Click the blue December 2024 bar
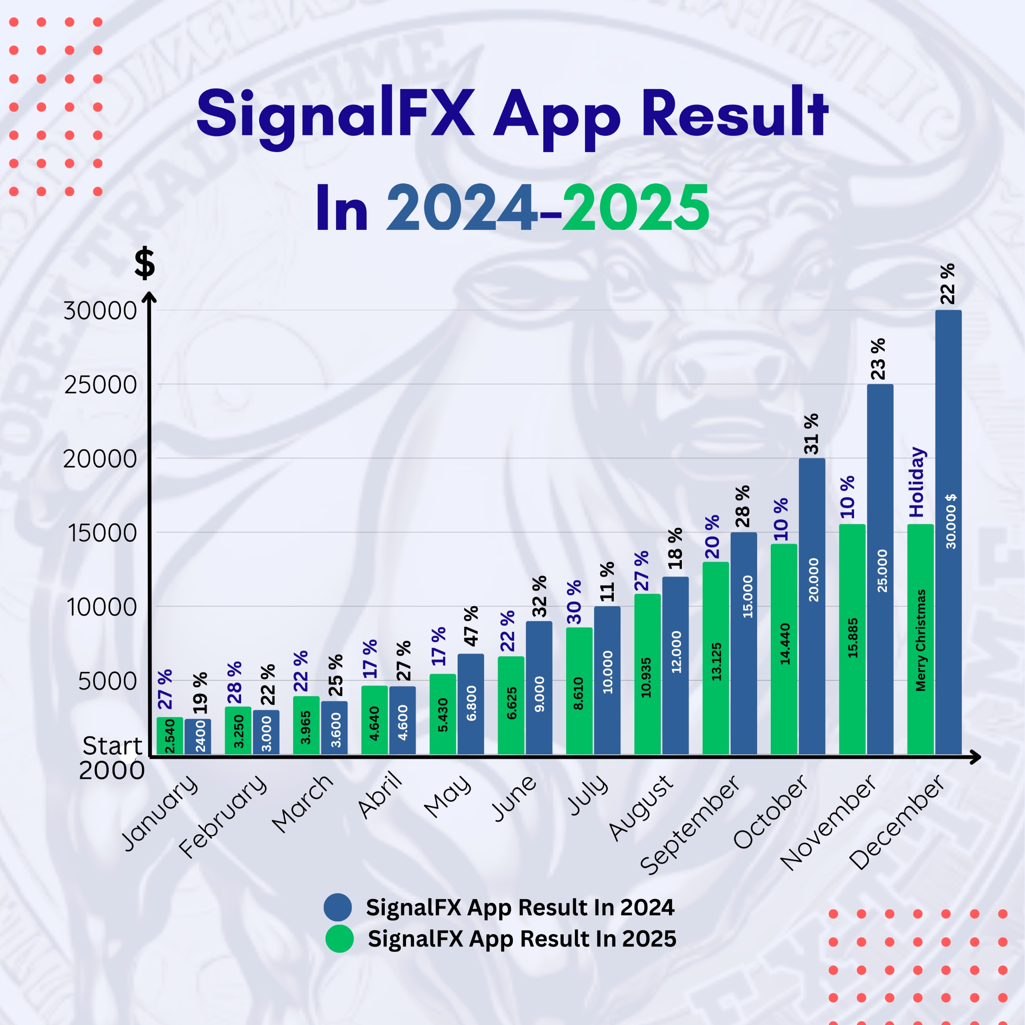(x=948, y=531)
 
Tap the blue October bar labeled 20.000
(x=812, y=605)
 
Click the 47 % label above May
(x=470, y=626)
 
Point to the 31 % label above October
(x=812, y=434)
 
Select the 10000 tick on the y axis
(x=101, y=607)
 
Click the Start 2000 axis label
(x=111, y=758)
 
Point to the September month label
(x=690, y=825)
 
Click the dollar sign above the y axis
(x=144, y=264)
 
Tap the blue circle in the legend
(x=338, y=907)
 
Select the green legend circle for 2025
(x=339, y=939)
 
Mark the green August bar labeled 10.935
(x=647, y=674)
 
